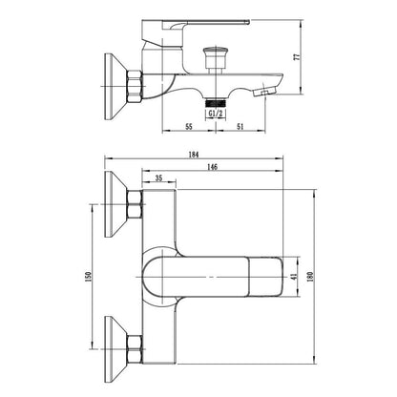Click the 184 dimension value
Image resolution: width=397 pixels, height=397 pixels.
(x=194, y=155)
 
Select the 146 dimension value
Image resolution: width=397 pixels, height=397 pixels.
(x=212, y=167)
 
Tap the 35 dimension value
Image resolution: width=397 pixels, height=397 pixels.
(x=158, y=178)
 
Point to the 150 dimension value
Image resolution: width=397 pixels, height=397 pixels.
(x=88, y=276)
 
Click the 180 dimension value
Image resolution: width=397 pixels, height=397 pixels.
(x=311, y=276)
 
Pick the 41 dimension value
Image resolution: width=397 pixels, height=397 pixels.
(x=294, y=277)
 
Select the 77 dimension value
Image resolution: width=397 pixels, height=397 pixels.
(x=297, y=57)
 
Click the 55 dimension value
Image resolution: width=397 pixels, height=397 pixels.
(x=189, y=127)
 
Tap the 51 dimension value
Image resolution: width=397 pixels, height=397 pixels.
(x=240, y=127)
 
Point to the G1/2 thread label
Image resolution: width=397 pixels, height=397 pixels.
(x=216, y=113)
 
